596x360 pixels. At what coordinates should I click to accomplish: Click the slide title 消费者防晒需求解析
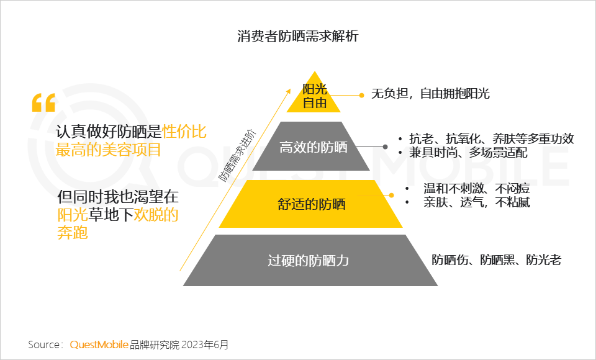297,36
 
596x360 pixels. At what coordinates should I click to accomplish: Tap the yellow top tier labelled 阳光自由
314,96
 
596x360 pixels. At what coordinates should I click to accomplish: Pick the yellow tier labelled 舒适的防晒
311,204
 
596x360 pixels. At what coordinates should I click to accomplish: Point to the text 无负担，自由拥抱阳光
430,94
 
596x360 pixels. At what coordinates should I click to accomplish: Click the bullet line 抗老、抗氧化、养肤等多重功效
491,138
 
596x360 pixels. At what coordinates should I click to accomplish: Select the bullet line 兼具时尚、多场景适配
468,152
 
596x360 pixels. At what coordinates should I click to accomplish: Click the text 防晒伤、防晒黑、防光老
496,260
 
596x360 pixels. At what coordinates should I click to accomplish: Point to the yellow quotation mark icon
43,102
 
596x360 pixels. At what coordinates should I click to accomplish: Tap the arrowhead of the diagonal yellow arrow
288,89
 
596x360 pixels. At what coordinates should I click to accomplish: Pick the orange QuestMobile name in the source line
99,344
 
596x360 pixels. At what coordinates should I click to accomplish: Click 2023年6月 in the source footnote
207,344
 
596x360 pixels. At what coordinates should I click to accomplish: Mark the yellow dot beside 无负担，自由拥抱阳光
361,95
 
